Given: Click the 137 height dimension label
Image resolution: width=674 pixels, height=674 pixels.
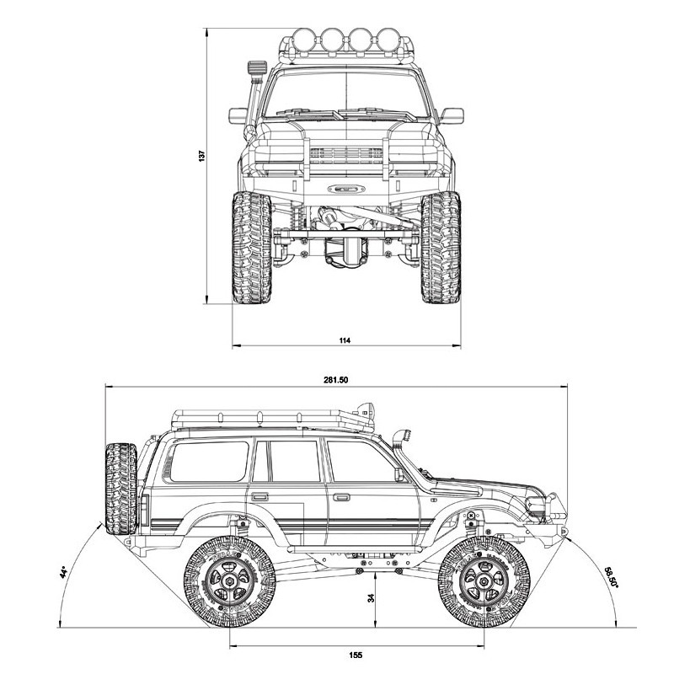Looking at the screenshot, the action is [201, 156].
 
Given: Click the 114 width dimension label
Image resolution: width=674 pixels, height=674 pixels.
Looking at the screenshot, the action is [345, 340].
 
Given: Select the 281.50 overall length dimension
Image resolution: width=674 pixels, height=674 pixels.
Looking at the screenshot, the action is [335, 380].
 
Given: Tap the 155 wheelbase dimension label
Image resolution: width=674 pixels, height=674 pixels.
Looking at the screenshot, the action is [356, 655].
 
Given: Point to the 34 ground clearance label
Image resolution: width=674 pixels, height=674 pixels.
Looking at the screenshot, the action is [371, 597].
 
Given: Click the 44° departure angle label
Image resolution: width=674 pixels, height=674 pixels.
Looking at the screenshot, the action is [64, 573].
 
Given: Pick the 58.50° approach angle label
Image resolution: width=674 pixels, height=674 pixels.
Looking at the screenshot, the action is [612, 577].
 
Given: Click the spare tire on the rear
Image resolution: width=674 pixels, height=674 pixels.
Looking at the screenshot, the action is [120, 489].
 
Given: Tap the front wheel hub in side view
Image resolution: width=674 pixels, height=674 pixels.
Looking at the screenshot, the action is [484, 582].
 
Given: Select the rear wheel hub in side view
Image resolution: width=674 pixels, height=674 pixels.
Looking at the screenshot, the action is [230, 582].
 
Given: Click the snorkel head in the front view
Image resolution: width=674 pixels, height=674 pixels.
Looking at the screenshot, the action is [257, 68].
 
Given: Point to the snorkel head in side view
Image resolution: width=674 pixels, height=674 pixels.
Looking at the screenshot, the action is [403, 436].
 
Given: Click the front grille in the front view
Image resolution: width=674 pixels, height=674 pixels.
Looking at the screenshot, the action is [346, 155].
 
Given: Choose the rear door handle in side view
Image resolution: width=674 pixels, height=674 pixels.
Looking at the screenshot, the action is [259, 497].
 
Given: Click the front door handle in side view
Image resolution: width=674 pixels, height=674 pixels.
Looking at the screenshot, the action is [341, 497].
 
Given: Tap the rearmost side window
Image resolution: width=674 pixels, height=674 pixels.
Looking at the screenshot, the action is [210, 461].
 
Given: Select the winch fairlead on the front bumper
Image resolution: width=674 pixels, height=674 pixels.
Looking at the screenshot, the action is [346, 188].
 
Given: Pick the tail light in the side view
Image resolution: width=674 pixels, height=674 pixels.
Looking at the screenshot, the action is [145, 511].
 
